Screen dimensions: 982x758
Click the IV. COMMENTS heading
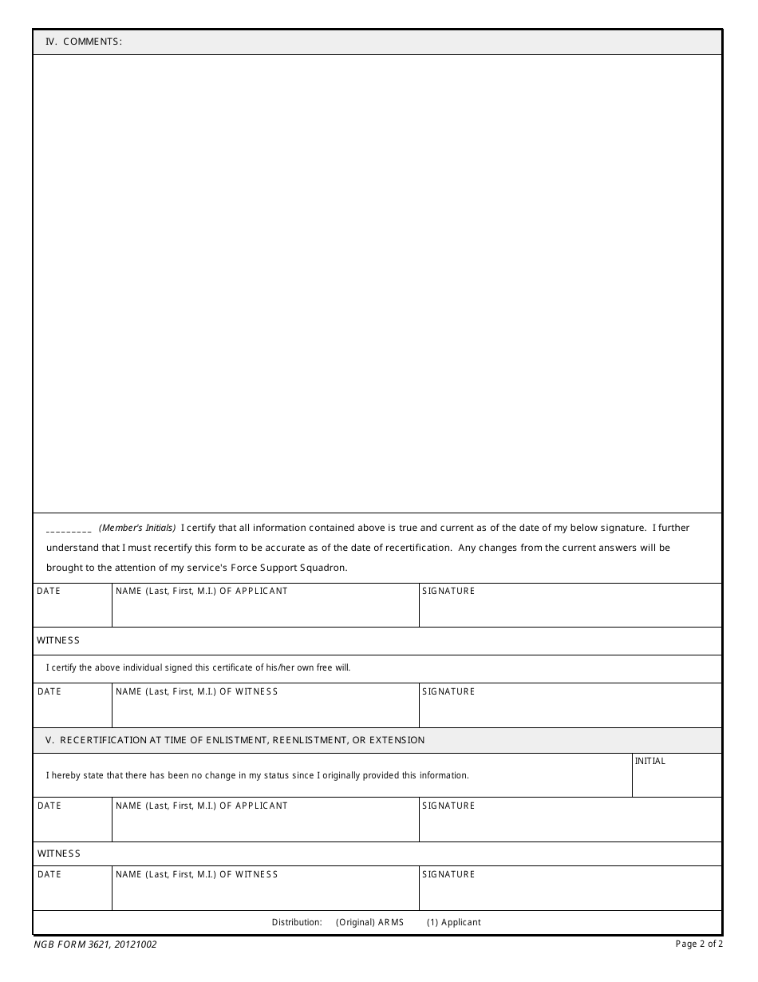click(x=84, y=42)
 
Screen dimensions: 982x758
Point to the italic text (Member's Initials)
click(x=137, y=528)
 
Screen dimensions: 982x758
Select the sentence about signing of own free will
click(x=198, y=667)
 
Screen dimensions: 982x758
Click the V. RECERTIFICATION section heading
click(x=235, y=740)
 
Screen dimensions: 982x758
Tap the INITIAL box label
click(x=649, y=761)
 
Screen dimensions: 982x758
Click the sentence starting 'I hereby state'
click(x=257, y=775)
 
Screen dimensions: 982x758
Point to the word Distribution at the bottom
click(x=297, y=922)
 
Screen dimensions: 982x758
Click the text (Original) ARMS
click(x=369, y=922)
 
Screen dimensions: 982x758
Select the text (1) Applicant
click(x=453, y=922)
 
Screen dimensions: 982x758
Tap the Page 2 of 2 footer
click(x=699, y=944)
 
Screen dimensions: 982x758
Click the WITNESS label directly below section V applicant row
click(x=58, y=853)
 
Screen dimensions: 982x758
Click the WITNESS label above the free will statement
click(x=58, y=640)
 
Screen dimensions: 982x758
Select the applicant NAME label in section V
click(x=201, y=806)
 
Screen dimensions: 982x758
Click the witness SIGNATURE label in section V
click(x=448, y=874)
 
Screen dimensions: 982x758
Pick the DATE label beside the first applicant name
click(x=49, y=591)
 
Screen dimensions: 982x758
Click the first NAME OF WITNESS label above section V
click(x=196, y=691)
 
